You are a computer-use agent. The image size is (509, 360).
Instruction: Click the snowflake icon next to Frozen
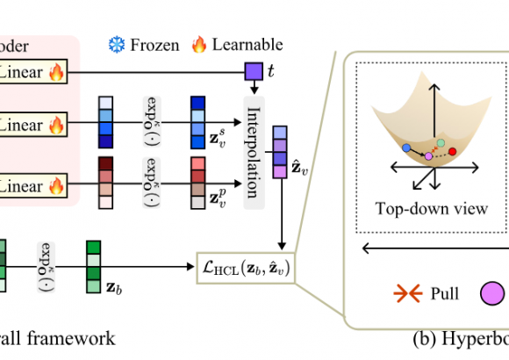click(115, 43)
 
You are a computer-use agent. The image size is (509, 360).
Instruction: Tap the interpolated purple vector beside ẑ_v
click(279, 152)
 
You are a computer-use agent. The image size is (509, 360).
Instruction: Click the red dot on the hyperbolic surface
click(453, 153)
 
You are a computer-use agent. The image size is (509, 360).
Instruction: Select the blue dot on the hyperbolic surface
click(406, 148)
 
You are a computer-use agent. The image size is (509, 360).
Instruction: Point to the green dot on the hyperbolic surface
click(439, 143)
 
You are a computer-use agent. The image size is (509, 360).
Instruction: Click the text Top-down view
click(429, 209)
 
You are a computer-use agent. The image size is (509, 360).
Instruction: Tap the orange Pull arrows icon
click(409, 295)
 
